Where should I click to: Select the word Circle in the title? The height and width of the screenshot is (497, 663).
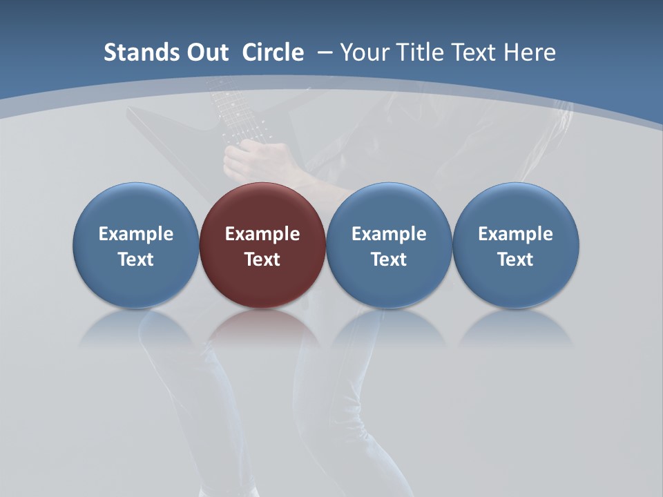(273, 52)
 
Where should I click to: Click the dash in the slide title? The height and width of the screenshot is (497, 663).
(325, 52)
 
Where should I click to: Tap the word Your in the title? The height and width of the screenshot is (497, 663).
(361, 52)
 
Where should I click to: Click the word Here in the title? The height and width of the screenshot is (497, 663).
(529, 52)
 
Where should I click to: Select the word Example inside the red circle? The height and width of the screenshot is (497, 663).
(262, 235)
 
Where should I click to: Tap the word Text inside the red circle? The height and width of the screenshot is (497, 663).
(262, 260)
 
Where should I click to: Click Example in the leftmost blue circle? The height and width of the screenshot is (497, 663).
(135, 235)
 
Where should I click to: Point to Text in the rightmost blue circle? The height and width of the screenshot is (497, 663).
(516, 260)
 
